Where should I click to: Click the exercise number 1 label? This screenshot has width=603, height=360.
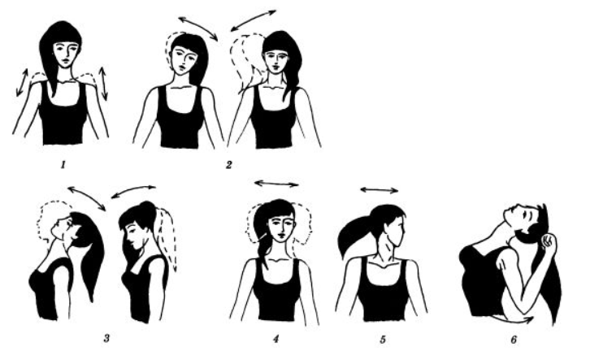[x=63, y=166]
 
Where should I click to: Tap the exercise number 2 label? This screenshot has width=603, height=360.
[x=229, y=166]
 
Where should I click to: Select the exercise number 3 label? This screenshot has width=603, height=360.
[x=106, y=338]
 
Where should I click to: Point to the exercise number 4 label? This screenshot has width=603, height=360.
[x=275, y=339]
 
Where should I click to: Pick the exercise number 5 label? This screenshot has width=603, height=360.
[x=383, y=340]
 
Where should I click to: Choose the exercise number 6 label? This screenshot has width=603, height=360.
[x=514, y=340]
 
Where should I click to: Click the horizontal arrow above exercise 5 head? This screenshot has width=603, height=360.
[x=380, y=189]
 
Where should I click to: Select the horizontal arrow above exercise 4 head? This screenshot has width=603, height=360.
[x=276, y=184]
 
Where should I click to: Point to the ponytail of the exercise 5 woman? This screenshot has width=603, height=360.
[x=356, y=235]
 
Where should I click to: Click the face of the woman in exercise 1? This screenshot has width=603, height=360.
[x=66, y=54]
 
